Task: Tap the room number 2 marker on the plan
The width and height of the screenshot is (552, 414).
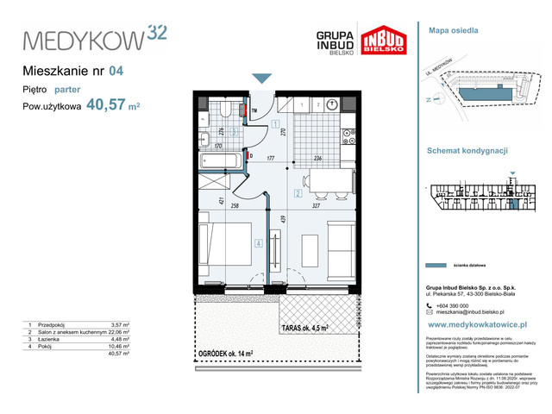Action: pos(297,193)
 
